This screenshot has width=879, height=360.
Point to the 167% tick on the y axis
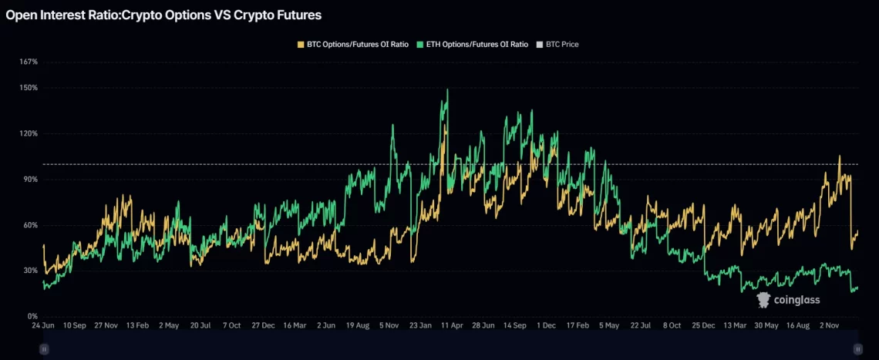tap(29, 62)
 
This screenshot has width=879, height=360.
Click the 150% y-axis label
tap(29, 88)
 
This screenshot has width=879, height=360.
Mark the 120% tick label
tap(29, 133)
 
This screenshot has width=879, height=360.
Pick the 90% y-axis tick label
tap(30, 180)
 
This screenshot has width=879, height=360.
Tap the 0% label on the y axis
tap(32, 316)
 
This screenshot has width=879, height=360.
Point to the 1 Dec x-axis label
tap(546, 326)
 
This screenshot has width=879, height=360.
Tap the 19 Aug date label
tap(361, 326)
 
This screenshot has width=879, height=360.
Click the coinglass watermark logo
tap(788, 300)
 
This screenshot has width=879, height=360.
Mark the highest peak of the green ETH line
tap(447, 89)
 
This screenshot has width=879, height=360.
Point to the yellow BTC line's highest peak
tap(839, 156)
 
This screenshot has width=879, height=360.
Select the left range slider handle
tap(44, 349)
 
